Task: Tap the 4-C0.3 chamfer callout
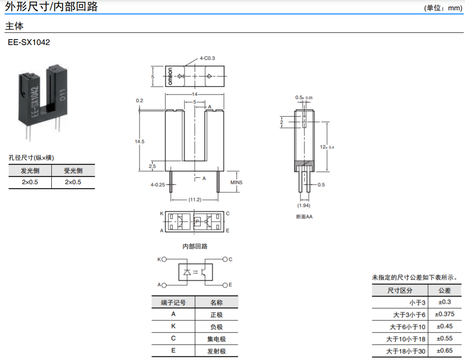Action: point(207,58)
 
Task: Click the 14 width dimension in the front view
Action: point(195,94)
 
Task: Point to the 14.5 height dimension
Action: point(140,142)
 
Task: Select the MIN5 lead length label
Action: point(236,182)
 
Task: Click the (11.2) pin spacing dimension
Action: point(195,200)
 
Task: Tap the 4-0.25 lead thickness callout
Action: point(157,184)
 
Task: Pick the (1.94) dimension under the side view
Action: point(304,206)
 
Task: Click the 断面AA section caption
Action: point(304,216)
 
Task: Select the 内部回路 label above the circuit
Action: point(195,246)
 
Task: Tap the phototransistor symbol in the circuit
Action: point(204,272)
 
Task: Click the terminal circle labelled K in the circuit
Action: point(164,260)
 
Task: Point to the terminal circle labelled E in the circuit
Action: point(225,285)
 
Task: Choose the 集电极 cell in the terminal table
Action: point(216,339)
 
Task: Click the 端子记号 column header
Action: point(173,302)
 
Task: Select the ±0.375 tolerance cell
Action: point(443,314)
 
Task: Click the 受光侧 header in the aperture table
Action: point(73,171)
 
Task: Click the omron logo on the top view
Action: point(171,76)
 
